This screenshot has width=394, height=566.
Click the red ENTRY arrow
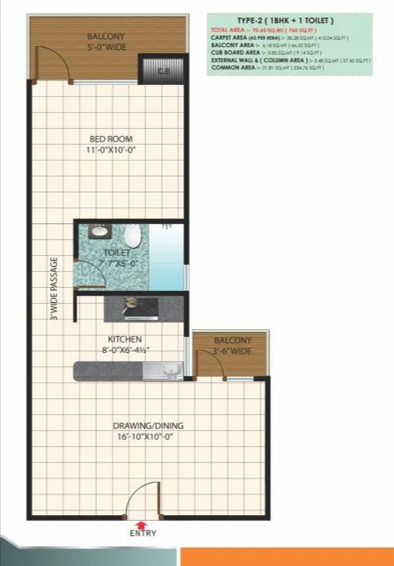coord(141,525)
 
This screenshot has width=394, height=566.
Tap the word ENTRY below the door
coord(141,534)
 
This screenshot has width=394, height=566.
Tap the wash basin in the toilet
coord(100,232)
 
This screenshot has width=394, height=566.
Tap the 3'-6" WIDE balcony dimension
coord(232,351)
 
